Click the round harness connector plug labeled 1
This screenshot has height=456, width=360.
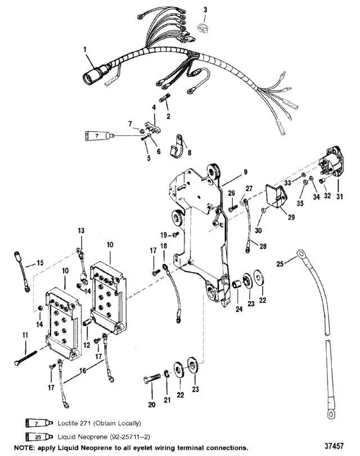click(93, 74)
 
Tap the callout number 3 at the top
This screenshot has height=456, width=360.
click(205, 10)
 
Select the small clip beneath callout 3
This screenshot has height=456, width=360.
click(202, 28)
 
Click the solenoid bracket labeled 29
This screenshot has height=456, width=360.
click(277, 196)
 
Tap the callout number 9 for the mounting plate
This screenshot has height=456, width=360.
click(245, 172)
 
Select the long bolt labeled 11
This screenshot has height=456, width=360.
click(25, 358)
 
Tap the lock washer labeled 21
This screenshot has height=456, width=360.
click(166, 374)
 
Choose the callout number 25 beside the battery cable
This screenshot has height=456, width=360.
click(280, 264)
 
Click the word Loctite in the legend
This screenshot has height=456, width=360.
click(69, 423)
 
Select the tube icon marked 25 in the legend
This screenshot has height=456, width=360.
click(39, 437)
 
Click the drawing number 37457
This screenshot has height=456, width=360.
click(334, 446)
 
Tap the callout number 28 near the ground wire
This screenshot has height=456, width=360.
click(263, 246)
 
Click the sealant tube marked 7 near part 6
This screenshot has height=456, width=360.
click(99, 136)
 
